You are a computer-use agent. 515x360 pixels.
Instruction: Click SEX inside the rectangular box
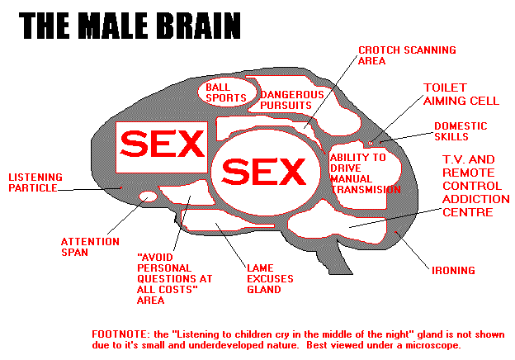tap(162, 144)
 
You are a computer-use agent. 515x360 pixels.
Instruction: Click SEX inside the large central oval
tap(264, 172)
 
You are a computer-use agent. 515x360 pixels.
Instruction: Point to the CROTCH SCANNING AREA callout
tap(407, 55)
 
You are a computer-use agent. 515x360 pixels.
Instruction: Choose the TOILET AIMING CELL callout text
tap(461, 94)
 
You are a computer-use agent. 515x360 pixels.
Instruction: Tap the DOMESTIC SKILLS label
tap(461, 131)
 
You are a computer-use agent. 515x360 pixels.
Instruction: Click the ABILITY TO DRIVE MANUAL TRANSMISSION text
tap(366, 173)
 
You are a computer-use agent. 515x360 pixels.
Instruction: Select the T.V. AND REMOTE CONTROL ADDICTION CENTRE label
tap(476, 186)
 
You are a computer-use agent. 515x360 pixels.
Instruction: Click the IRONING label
tap(453, 270)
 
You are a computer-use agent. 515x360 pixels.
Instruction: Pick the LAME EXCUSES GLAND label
tap(270, 278)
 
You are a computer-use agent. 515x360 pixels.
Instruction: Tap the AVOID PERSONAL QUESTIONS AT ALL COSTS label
tap(174, 278)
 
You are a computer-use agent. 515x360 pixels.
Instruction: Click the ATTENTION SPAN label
tap(90, 247)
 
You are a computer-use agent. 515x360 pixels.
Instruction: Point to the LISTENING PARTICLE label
tap(35, 182)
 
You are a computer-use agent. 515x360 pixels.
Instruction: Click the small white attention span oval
tap(148, 197)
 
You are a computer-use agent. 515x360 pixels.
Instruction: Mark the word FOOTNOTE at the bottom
tap(120, 334)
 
